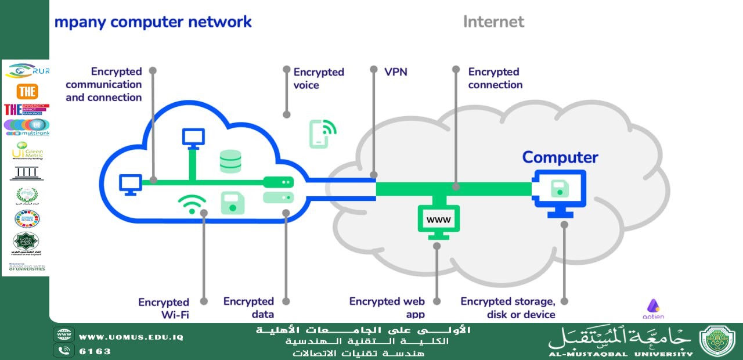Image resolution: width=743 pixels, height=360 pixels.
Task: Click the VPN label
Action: (x=396, y=72)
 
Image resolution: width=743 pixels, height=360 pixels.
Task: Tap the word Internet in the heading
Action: (x=493, y=22)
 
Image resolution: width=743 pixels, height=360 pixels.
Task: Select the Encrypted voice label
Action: (x=319, y=78)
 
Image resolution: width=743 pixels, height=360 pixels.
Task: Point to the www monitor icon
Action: (x=438, y=221)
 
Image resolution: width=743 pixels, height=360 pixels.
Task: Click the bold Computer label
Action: (x=560, y=157)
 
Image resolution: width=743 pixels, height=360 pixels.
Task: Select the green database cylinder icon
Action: (x=230, y=161)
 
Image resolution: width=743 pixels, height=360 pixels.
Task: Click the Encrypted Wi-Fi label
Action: (x=164, y=308)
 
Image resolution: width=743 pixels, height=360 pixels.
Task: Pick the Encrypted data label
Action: (x=248, y=308)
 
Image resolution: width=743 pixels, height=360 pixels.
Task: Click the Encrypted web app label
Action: (x=387, y=308)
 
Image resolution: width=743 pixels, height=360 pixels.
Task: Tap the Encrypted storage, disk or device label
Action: (x=508, y=308)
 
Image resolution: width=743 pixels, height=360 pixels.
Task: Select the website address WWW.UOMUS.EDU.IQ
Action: (x=131, y=337)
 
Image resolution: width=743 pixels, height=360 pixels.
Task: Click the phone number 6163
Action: (x=95, y=351)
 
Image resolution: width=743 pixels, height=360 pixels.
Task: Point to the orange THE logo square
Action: (x=27, y=91)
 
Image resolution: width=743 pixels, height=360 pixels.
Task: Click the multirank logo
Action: (x=27, y=128)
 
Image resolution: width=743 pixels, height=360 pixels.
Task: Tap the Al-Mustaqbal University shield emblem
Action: (x=717, y=341)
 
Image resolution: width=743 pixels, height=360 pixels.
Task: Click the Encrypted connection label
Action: (x=495, y=78)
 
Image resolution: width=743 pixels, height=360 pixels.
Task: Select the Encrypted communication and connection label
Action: (x=104, y=84)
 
